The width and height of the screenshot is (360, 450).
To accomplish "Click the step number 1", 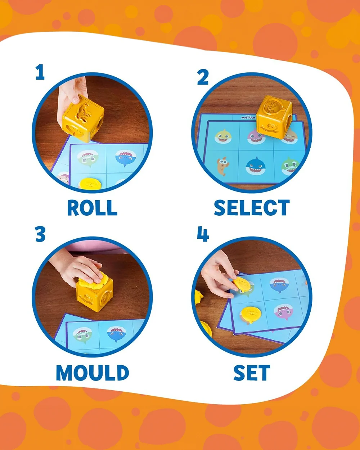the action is [x=40, y=72].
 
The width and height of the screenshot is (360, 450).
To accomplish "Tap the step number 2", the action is [x=203, y=77].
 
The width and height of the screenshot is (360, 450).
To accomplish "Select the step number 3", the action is [x=40, y=234].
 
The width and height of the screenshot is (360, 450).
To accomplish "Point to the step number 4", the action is [x=203, y=234].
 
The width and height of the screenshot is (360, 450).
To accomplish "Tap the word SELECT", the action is [x=252, y=207].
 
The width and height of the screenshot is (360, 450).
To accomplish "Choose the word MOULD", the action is [x=92, y=373].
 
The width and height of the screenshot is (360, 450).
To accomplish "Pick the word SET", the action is [x=252, y=373].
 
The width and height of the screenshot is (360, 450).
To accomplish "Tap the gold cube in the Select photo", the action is [x=274, y=117].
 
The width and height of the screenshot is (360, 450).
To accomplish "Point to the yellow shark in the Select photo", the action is [x=223, y=136].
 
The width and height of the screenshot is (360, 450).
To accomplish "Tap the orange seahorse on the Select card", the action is [x=222, y=166].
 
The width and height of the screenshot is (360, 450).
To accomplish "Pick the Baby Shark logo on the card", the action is [x=248, y=117].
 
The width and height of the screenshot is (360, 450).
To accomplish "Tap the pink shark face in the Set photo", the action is [x=283, y=312].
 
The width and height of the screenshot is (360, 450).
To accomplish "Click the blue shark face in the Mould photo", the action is [x=117, y=333].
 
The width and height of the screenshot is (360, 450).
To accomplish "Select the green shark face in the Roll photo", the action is [x=87, y=159].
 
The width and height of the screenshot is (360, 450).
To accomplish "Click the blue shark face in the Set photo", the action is [x=279, y=285].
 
